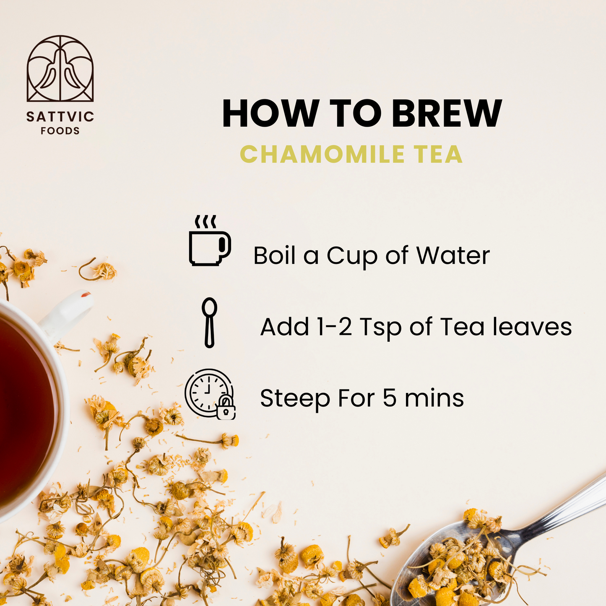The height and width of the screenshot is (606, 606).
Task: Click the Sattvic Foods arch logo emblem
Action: pos(60,68)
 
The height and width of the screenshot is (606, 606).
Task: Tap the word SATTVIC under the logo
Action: pos(60,117)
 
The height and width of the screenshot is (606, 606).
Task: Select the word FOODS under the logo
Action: pos(60,131)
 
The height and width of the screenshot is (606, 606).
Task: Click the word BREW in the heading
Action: pos(447,114)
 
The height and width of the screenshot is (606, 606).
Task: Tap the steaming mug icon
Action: pos(210,241)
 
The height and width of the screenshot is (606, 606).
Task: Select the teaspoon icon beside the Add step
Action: pos(209,323)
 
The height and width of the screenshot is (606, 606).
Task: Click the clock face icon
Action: pos(208,393)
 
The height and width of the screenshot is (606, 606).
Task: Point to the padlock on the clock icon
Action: pos(226,408)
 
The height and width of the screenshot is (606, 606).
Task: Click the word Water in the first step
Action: pos(453,255)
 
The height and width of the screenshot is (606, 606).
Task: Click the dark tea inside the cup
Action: pos(25,409)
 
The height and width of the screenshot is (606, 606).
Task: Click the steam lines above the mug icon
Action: pos(205,222)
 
